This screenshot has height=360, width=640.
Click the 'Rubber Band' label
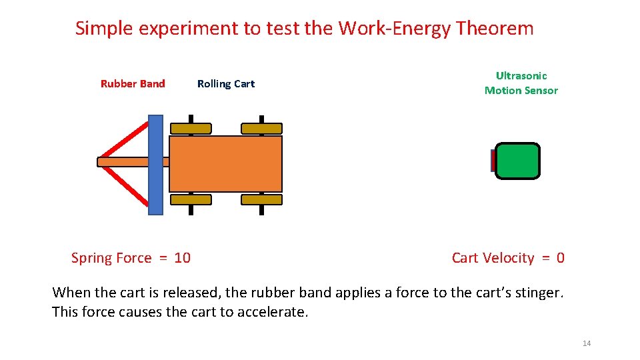133,83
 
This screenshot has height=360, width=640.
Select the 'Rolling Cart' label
226,83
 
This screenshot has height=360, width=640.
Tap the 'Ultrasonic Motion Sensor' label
521,83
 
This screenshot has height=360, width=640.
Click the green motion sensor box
517,161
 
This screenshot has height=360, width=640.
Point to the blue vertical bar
155,165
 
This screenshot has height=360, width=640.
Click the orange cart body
225,164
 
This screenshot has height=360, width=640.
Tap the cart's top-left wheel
191,128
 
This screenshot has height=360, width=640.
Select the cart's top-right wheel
261,128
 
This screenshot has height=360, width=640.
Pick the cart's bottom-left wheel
191,199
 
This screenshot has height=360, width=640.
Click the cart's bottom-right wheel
261,199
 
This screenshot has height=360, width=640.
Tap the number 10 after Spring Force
182,258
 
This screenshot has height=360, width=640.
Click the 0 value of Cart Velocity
561,258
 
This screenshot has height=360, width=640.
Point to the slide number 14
587,343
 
